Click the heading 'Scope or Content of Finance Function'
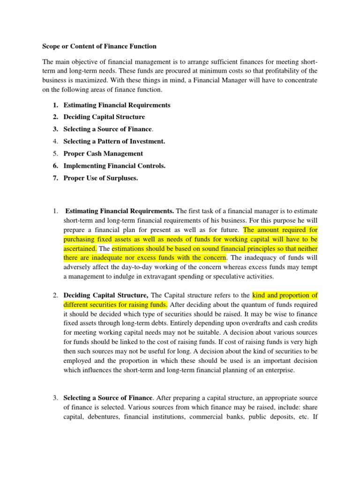point(99,46)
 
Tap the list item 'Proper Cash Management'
point(103,153)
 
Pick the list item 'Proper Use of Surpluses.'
point(100,178)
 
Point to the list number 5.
point(55,153)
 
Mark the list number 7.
point(55,178)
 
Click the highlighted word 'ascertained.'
point(80,248)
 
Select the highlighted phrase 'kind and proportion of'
point(285,295)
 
